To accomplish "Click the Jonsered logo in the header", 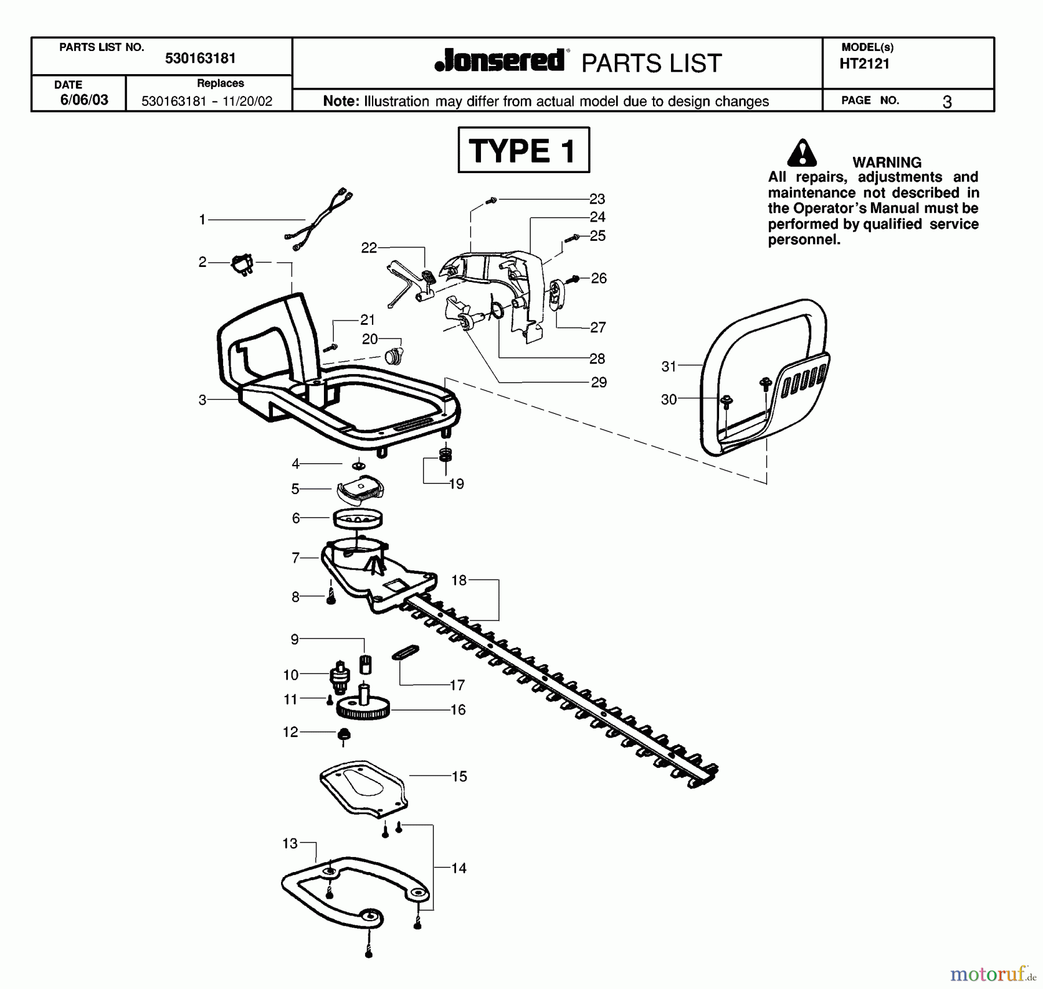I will (x=499, y=61).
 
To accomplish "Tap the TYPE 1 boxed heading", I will (x=523, y=151).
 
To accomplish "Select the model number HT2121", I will (x=864, y=64).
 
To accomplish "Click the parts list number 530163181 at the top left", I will (x=200, y=58).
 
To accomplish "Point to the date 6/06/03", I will (x=84, y=100).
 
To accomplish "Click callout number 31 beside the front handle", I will (x=669, y=366).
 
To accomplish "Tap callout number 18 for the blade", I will (x=459, y=580).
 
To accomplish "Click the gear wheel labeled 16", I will (x=363, y=708).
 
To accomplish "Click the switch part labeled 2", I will (x=243, y=264).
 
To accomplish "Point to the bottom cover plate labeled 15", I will (x=364, y=789).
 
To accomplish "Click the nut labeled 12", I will (x=344, y=735).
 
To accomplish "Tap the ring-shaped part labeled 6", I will (x=358, y=518).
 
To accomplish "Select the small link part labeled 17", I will (x=406, y=653).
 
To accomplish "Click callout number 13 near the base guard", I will (x=290, y=843).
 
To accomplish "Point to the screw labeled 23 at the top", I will (x=492, y=200).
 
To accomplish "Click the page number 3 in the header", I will (x=947, y=102).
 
